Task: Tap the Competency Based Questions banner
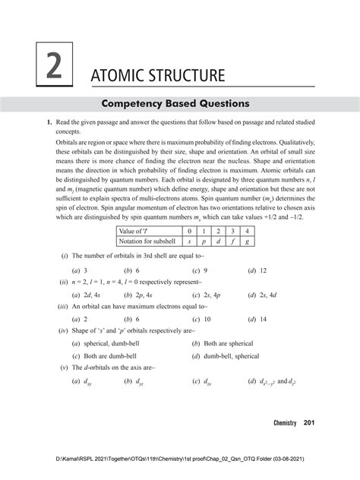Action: [180, 103]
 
